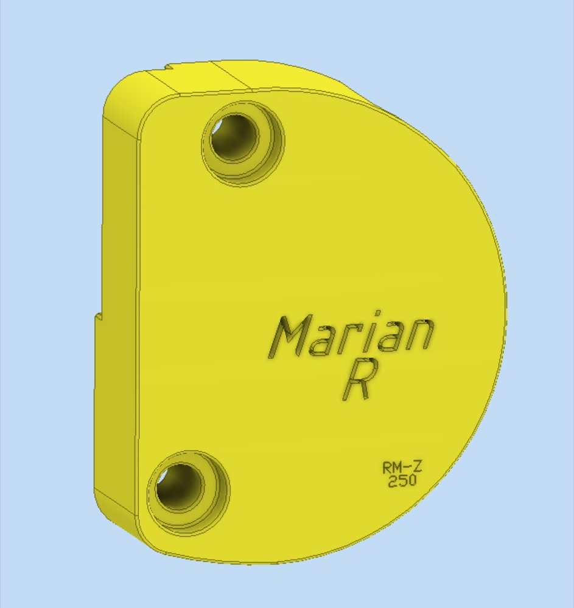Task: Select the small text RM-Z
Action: pos(402,467)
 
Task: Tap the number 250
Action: pos(402,481)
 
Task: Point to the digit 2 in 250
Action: pos(393,481)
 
